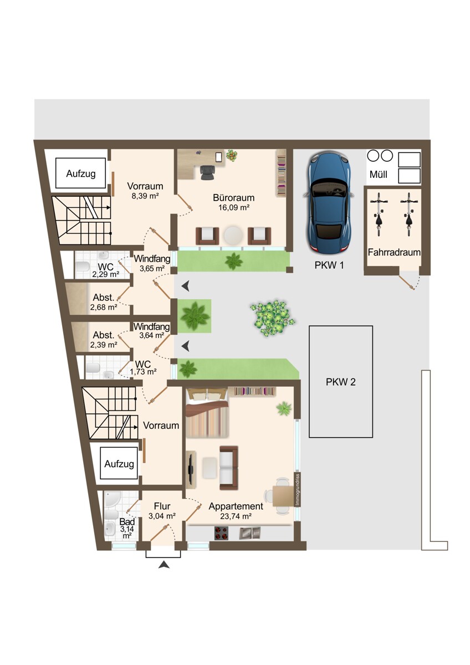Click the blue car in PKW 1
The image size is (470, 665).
coord(329,202)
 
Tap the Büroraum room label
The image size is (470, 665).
coord(234,198)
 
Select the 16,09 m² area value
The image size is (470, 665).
coord(234,207)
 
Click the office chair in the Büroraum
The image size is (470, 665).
coord(207,172)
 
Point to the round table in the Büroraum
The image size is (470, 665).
coord(234,236)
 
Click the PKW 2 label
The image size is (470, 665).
coord(340,382)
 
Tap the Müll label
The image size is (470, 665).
coord(378,175)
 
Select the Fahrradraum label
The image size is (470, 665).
coord(394,253)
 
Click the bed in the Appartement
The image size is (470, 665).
coord(207,412)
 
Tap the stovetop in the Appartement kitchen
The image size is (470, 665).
coord(221,533)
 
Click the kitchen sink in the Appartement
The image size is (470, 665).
coord(250,533)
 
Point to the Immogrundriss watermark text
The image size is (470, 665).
coord(298,490)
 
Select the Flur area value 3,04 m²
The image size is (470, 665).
coord(162,516)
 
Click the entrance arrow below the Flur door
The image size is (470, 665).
coord(164,565)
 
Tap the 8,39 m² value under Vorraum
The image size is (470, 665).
coord(145,196)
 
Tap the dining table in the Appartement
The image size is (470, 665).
coord(283,496)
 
